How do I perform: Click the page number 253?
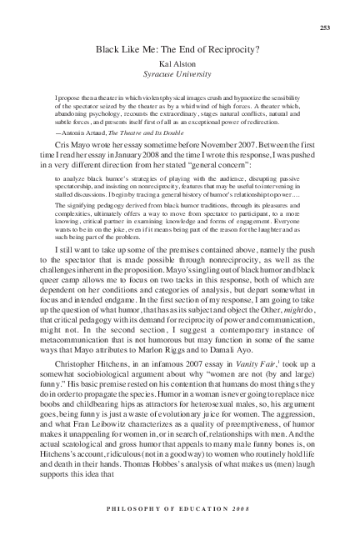coord(326,27)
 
